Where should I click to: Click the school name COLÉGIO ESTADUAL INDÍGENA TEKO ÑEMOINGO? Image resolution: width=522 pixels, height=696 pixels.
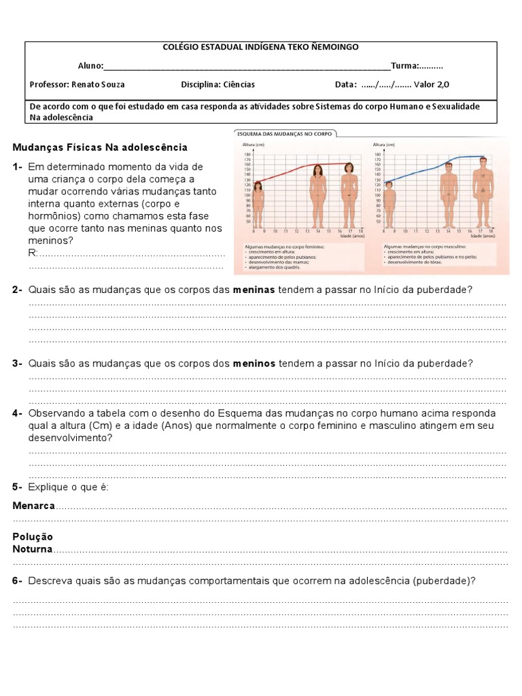click(262, 47)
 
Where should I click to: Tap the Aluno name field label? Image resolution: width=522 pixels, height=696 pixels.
click(90, 66)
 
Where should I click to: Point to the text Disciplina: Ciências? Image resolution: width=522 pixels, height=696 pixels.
click(217, 85)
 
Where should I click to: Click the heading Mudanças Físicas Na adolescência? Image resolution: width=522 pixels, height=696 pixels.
click(100, 147)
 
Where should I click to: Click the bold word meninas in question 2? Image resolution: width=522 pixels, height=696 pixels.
click(254, 290)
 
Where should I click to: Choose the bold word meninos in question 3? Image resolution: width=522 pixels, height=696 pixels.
click(254, 364)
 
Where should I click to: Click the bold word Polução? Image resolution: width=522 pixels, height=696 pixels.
click(33, 537)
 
